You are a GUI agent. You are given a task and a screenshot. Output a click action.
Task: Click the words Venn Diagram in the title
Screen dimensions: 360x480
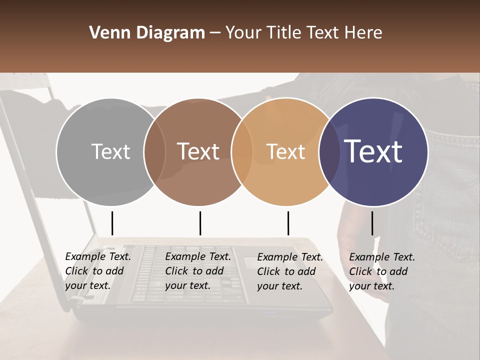pyautogui.click(x=147, y=33)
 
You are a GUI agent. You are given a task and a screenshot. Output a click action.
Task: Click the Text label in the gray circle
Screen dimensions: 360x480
pyautogui.click(x=110, y=152)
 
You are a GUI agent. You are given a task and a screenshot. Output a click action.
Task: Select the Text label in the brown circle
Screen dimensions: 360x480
pyautogui.click(x=198, y=152)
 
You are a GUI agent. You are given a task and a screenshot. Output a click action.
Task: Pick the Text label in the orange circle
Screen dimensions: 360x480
pyautogui.click(x=285, y=152)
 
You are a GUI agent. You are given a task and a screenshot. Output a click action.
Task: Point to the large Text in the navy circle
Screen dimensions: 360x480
pyautogui.click(x=373, y=151)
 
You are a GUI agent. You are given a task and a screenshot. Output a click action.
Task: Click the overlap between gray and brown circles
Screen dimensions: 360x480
pyautogui.click(x=154, y=152)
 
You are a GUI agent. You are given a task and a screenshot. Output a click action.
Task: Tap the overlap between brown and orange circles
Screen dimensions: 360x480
pyautogui.click(x=242, y=152)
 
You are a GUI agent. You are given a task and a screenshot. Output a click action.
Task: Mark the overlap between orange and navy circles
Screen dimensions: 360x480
pyautogui.click(x=327, y=152)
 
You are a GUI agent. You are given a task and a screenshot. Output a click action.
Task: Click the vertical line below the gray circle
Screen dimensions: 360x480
pyautogui.click(x=112, y=223)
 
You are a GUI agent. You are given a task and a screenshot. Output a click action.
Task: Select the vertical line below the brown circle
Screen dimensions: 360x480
pyautogui.click(x=200, y=223)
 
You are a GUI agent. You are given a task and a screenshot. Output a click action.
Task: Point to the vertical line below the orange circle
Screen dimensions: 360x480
pyautogui.click(x=288, y=223)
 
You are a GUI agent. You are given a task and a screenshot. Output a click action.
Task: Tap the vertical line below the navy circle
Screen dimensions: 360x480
pyautogui.click(x=372, y=223)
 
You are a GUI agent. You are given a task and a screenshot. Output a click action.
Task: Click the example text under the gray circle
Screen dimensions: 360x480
pyautogui.click(x=98, y=271)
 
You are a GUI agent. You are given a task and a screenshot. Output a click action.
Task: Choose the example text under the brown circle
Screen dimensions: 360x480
pyautogui.click(x=198, y=271)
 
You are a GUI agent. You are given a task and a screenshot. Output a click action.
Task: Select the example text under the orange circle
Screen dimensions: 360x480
pyautogui.click(x=290, y=271)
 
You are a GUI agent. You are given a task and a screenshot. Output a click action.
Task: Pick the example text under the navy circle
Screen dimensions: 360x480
pyautogui.click(x=382, y=271)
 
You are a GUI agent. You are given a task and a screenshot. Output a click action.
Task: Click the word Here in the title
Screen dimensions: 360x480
pyautogui.click(x=363, y=33)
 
